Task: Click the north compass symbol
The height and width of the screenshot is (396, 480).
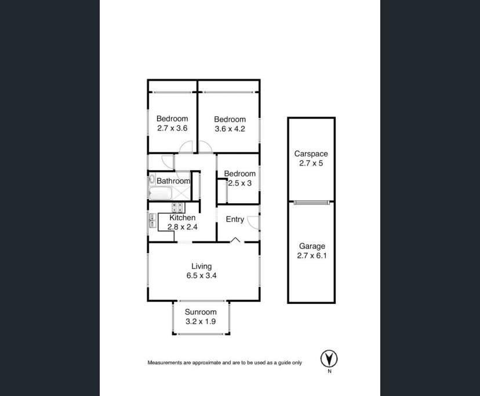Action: tap(329, 358)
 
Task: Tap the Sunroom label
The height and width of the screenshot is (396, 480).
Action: tap(201, 312)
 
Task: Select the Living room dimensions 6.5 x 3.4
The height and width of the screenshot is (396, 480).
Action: tap(201, 276)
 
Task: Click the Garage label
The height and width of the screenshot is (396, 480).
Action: tap(312, 246)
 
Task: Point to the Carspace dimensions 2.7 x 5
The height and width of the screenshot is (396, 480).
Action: tap(311, 163)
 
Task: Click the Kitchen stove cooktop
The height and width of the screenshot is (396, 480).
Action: tap(177, 208)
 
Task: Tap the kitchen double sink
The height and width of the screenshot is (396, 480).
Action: tap(152, 221)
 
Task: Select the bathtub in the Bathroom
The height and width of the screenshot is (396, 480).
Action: tap(160, 193)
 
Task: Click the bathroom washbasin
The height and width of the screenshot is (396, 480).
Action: tap(151, 179)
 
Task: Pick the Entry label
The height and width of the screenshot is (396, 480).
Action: tap(235, 219)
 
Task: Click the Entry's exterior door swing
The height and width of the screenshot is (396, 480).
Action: tap(253, 222)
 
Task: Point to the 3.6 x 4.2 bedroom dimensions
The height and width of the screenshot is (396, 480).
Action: tap(230, 129)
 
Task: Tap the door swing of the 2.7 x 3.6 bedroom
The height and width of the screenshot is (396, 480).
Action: tap(186, 147)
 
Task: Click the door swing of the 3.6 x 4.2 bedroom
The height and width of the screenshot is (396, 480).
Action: tap(205, 147)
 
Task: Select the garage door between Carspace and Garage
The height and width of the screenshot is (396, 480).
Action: tap(312, 202)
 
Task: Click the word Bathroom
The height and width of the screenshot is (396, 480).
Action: tap(173, 181)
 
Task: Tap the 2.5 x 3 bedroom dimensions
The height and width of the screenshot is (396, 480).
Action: tap(240, 183)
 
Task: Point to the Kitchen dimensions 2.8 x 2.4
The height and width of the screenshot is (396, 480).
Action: tap(183, 227)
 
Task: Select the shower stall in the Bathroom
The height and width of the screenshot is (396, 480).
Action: tap(181, 193)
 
